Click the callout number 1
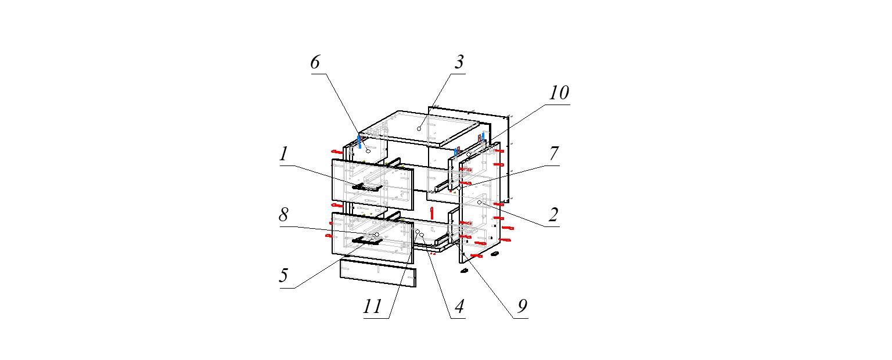click(x=283, y=155)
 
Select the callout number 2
click(x=553, y=215)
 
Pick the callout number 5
click(x=283, y=276)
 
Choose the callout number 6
click(x=315, y=63)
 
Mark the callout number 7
click(x=553, y=154)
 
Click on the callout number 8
click(x=283, y=215)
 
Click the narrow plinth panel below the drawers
click(x=378, y=273)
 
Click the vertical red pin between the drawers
click(x=431, y=210)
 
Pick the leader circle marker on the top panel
click(x=419, y=128)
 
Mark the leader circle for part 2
click(x=480, y=202)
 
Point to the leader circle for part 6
click(x=368, y=150)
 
